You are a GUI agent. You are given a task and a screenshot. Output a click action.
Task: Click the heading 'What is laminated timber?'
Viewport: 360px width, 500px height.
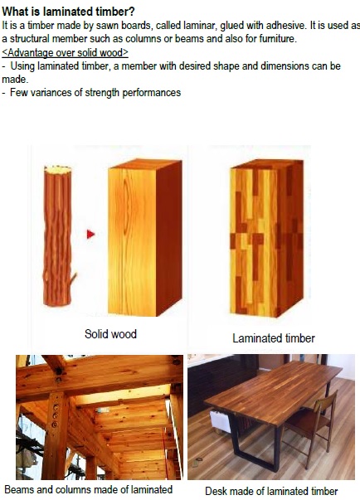click(68, 12)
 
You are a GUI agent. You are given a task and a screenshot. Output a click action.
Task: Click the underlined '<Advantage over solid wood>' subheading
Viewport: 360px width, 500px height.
click(65, 52)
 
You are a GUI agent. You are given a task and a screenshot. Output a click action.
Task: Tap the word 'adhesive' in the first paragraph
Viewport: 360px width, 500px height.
click(285, 25)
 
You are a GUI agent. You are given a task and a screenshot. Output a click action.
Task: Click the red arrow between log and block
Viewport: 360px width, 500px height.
click(91, 235)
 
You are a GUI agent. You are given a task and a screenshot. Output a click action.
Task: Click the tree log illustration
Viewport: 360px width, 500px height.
click(59, 235)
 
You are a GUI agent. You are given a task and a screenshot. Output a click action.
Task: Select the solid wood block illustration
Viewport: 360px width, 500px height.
click(145, 238)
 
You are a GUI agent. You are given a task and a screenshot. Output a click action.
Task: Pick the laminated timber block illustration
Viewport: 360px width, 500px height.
click(266, 238)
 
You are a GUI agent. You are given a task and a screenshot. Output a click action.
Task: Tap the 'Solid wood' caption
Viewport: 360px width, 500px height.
click(110, 334)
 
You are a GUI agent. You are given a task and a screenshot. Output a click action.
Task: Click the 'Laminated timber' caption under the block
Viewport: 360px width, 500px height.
click(274, 338)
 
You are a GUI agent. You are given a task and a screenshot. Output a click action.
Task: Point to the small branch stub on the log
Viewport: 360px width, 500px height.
click(74, 278)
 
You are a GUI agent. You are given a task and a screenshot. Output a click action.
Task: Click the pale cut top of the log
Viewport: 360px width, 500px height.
click(58, 169)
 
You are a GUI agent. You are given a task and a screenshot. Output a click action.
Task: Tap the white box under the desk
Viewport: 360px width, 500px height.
click(220, 421)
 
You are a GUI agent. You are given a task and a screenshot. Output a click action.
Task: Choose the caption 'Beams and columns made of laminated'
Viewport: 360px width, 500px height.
click(89, 489)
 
